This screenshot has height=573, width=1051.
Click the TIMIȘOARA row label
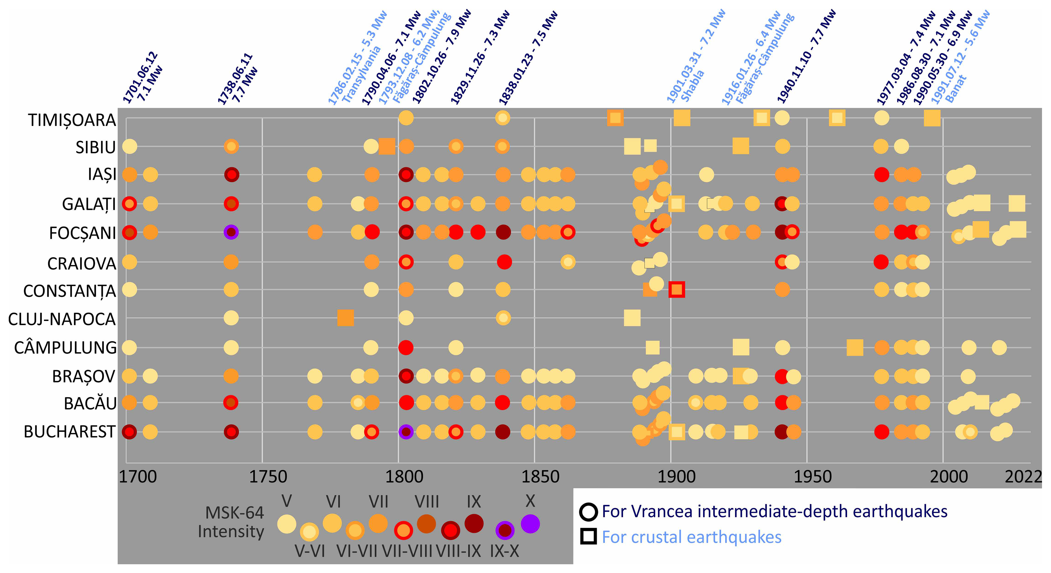coord(72,120)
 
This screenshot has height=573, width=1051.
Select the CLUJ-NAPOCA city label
coord(61,319)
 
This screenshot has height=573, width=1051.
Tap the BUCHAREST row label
coord(69,432)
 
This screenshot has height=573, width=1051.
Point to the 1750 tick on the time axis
coord(268,477)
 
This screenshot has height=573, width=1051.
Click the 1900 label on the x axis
coord(676,477)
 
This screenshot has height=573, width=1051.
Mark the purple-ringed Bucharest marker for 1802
coord(406,432)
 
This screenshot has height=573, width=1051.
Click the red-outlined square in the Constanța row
coord(676,290)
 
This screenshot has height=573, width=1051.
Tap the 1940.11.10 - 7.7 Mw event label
coord(806,57)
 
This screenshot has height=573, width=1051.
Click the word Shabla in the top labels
coord(692,86)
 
